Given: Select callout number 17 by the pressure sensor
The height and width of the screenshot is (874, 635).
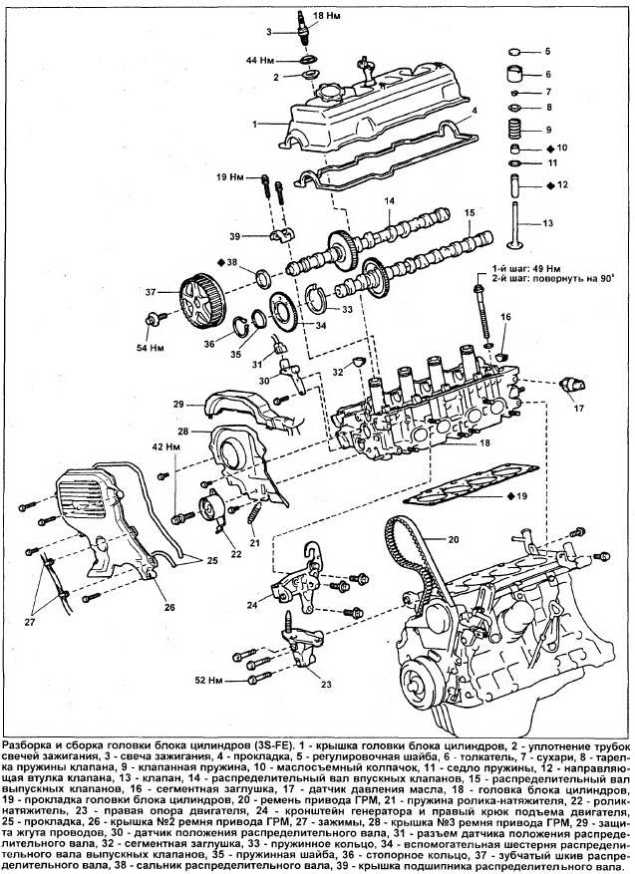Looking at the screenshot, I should tap(578, 408).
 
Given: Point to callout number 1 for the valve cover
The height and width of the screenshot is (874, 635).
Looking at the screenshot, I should tap(256, 124).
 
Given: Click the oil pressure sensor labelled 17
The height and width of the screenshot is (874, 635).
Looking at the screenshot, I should tap(571, 385).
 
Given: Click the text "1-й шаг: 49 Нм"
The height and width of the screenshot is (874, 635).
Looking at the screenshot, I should tap(533, 268).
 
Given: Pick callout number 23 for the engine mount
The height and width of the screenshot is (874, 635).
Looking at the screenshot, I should tap(325, 684).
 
